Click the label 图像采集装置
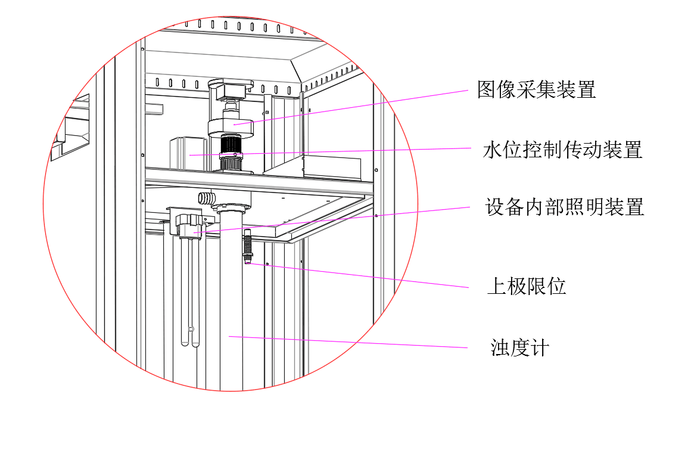coord(536,90)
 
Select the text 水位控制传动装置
coord(562,150)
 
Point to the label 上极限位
coord(526,287)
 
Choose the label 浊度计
coord(519,347)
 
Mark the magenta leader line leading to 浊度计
coord(351,342)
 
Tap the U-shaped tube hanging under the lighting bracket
coord(189,292)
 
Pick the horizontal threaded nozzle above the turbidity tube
coord(206,197)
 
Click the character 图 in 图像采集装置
coord(487,90)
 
